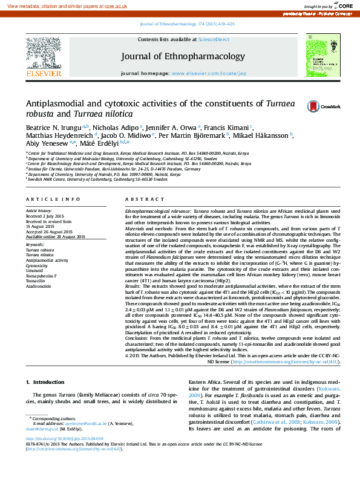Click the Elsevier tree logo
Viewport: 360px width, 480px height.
(43, 55)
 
